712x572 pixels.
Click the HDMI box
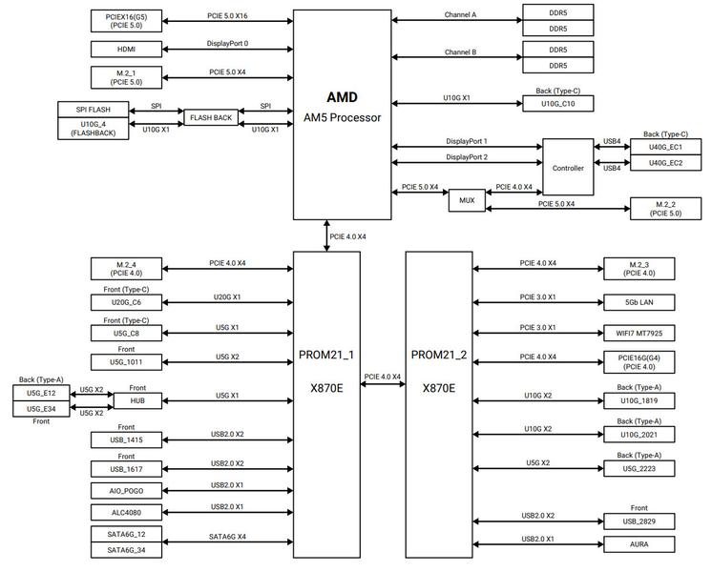[x=126, y=49]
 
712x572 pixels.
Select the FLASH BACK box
[x=211, y=117]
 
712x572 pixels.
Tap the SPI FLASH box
[x=94, y=110]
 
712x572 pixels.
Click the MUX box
[x=467, y=200]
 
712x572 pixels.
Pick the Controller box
[x=568, y=168]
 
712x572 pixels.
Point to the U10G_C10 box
[x=558, y=103]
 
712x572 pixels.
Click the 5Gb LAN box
[x=639, y=302]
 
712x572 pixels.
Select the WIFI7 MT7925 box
[x=639, y=333]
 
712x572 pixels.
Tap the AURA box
[x=639, y=543]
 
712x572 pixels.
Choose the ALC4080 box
[x=126, y=512]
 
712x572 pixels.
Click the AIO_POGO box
[x=126, y=491]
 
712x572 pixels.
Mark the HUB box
[x=137, y=400]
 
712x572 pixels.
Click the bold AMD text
[x=342, y=97]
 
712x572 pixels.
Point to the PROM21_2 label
[x=439, y=355]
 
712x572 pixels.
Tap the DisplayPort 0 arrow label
[x=227, y=44]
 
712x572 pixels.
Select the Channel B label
[x=460, y=52]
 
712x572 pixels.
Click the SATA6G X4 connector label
[x=227, y=537]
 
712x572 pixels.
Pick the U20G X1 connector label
[x=227, y=297]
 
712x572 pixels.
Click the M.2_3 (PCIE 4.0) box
[x=639, y=269]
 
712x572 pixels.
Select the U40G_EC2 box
[x=665, y=163]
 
